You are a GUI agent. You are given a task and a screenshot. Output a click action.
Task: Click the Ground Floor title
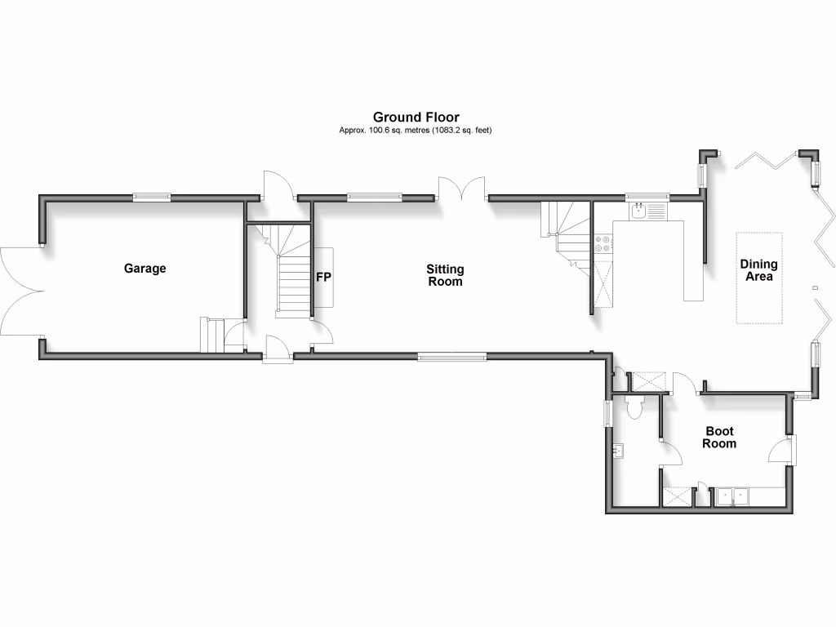pyautogui.click(x=416, y=118)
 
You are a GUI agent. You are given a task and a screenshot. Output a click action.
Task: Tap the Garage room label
pyautogui.click(x=145, y=268)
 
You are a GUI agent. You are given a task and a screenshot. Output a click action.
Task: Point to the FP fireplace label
pyautogui.click(x=323, y=278)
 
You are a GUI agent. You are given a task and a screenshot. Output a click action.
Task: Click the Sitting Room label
pyautogui.click(x=444, y=275)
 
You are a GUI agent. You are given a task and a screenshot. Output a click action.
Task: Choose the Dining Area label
pyautogui.click(x=758, y=270)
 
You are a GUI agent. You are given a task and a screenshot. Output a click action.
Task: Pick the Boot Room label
pyautogui.click(x=720, y=437)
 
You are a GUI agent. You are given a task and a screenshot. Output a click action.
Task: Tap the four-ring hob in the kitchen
pyautogui.click(x=603, y=242)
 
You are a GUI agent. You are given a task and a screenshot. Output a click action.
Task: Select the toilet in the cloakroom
pyautogui.click(x=636, y=405)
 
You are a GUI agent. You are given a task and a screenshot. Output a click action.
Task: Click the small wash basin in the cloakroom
pyautogui.click(x=618, y=449)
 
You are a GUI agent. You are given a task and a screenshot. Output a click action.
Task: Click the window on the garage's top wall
pyautogui.click(x=153, y=196)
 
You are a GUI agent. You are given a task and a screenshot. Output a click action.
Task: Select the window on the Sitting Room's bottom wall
pyautogui.click(x=451, y=355)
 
